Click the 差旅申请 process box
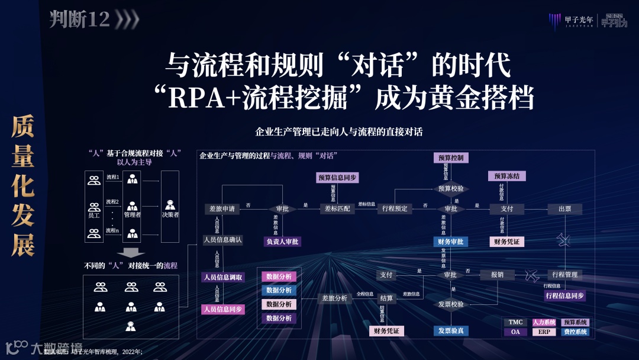point(222,208)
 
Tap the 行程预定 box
point(395,208)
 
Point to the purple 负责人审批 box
point(281,242)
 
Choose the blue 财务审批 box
point(450,242)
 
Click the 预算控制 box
point(451,158)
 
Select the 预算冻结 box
point(507,176)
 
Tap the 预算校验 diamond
point(451,188)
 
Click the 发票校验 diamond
point(451,304)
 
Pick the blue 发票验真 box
point(451,330)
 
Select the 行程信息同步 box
point(564,295)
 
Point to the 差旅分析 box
point(334,298)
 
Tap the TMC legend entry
point(515,322)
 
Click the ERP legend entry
point(544,332)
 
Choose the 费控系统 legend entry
point(575,332)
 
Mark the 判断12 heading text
point(79,20)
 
